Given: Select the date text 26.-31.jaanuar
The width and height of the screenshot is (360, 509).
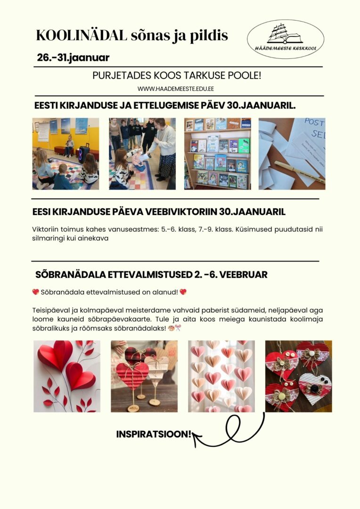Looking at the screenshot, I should tap(73, 58).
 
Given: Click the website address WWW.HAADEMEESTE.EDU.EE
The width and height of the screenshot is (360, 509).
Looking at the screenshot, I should tap(176, 89).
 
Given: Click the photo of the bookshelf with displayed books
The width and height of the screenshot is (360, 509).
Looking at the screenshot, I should tap(217, 154).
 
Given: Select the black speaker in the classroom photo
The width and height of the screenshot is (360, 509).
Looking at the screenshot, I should tap(84, 154).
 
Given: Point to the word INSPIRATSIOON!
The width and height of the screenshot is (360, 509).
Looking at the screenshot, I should tap(154, 434).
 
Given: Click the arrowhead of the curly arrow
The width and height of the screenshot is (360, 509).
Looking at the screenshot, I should tap(196, 439).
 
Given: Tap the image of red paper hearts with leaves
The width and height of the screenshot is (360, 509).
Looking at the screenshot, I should tap(66, 376).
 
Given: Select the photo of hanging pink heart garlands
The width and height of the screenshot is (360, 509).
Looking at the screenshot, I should tap(221, 376).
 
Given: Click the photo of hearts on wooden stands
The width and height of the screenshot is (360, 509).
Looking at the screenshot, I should tap(144, 376).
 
